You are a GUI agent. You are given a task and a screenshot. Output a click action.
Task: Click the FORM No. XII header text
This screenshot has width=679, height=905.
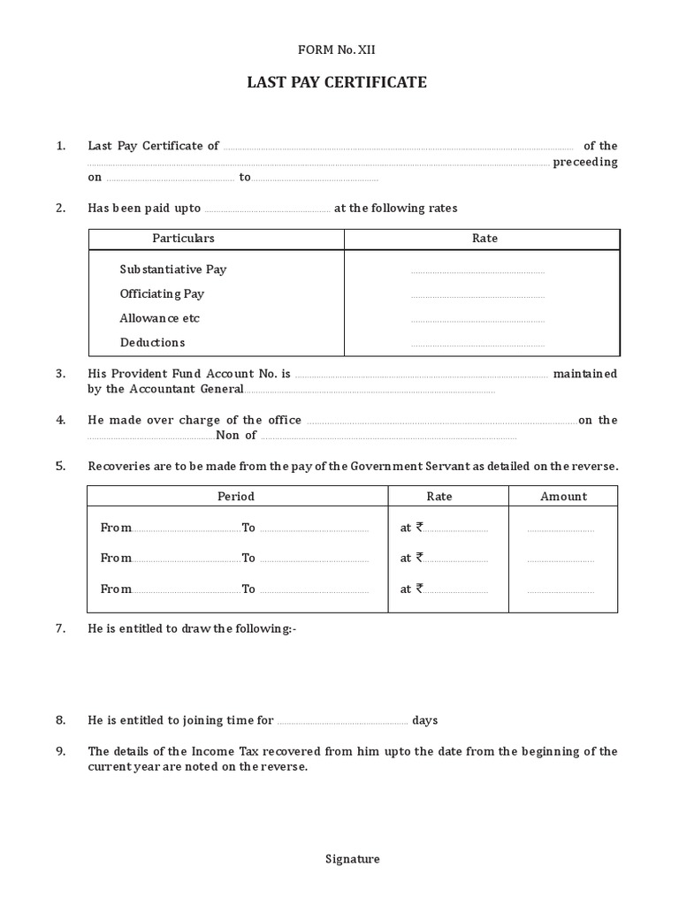(x=339, y=49)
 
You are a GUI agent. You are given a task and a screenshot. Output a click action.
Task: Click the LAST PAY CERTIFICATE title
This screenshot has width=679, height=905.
(x=339, y=82)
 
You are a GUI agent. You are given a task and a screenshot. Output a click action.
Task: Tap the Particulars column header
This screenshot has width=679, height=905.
(x=183, y=239)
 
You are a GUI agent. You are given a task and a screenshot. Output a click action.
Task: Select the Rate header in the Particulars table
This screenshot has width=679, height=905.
(x=484, y=239)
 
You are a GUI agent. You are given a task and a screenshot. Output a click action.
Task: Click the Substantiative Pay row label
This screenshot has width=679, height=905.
(x=173, y=269)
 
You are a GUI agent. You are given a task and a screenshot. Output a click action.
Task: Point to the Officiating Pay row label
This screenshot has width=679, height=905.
(x=162, y=293)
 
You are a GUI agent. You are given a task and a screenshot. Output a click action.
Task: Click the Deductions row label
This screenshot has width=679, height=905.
(x=152, y=342)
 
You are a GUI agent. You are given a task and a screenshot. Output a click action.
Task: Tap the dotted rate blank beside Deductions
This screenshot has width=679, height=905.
(x=477, y=345)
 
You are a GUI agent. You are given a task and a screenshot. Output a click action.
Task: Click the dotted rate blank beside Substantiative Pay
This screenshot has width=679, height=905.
(x=477, y=271)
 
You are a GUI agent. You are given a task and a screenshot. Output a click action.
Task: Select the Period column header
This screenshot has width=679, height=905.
(x=236, y=497)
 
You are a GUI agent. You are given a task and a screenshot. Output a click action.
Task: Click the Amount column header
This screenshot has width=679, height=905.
(x=563, y=497)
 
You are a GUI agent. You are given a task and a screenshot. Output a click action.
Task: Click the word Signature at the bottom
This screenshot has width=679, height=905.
(x=353, y=859)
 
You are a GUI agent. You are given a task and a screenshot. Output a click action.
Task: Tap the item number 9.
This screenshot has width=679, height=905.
(x=61, y=751)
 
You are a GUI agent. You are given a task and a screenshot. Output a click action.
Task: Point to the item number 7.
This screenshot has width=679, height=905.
(x=61, y=628)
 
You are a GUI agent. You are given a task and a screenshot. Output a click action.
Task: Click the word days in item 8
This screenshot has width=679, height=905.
(x=425, y=720)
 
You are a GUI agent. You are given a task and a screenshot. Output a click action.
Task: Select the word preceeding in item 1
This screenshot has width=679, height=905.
(x=585, y=163)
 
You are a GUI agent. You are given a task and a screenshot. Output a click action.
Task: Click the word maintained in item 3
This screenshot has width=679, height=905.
(x=585, y=374)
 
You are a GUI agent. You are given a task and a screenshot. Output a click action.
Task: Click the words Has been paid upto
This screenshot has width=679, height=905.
(x=144, y=209)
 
